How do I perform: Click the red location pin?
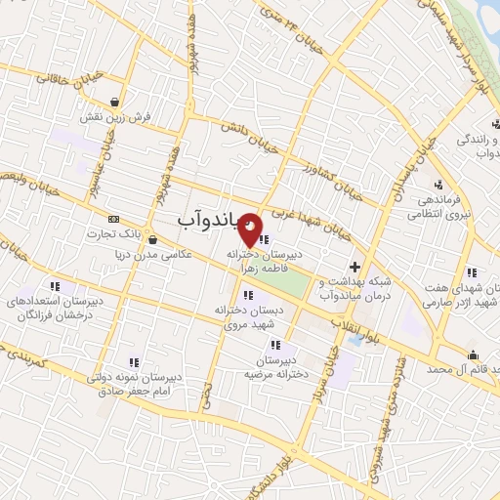point(251,229)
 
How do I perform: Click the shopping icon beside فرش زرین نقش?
point(116,101)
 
